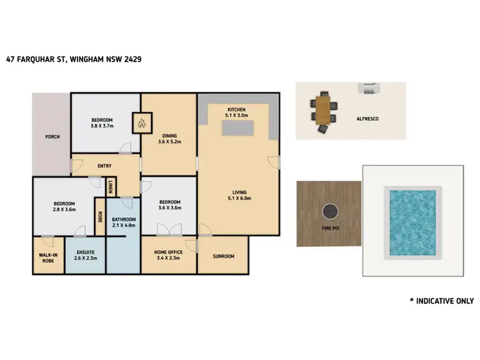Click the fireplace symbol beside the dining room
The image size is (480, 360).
point(142,121)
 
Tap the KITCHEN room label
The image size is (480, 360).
point(237,110)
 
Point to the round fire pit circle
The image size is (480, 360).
point(329,210)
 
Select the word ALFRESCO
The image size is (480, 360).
point(369,119)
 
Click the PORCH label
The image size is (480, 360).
point(52,137)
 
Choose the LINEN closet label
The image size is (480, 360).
point(110,187)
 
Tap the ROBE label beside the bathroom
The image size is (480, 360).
point(100,216)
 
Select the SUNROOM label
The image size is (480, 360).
point(223,256)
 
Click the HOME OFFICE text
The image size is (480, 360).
point(170,253)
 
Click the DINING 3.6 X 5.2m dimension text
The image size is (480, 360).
point(170,141)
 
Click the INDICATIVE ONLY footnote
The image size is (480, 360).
point(442,301)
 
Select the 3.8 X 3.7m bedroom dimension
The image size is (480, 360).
point(102,126)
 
